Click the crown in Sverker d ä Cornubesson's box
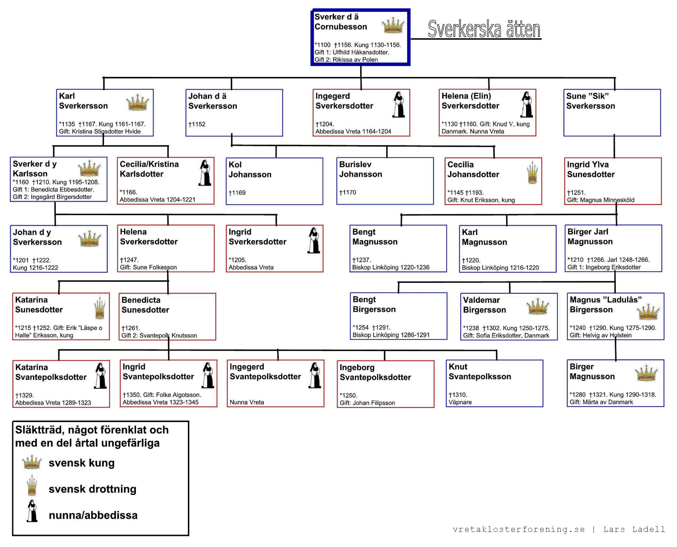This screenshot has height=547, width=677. point(393,25)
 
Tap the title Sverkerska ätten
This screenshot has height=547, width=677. point(484,29)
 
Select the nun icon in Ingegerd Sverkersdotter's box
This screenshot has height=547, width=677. point(398,104)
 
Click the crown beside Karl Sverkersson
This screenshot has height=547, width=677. point(138,102)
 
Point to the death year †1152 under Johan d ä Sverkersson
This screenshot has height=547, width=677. point(197,124)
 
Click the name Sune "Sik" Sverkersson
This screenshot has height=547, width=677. point(590,101)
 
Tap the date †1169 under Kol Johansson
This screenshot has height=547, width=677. point(237,193)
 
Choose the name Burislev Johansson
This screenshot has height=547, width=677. point(360,169)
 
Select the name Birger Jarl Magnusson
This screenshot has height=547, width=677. point(590,236)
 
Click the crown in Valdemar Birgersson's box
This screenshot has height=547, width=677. point(538,306)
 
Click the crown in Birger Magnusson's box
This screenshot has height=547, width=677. point(646,373)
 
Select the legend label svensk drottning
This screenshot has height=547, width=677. point(93,489)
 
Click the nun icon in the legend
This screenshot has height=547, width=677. point(32,511)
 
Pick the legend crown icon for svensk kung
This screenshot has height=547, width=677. point(32,462)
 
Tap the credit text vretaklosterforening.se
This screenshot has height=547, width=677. point(519,529)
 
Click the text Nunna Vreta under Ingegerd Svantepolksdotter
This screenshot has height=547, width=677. point(247,402)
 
